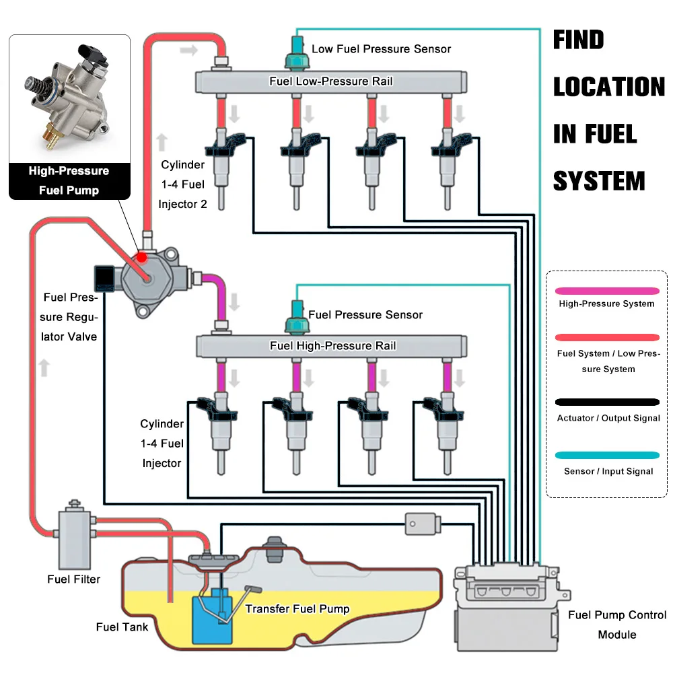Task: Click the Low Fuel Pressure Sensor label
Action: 381,48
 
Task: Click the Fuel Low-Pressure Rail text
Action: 331,81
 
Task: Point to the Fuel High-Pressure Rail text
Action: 333,346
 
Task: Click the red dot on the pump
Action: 142,258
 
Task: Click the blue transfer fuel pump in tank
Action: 211,617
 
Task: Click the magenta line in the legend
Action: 608,291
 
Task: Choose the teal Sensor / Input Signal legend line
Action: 608,456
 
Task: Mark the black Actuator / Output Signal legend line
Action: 608,402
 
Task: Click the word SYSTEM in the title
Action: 599,182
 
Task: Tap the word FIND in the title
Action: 579,40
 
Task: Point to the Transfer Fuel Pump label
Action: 297,609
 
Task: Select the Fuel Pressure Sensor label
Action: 365,315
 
